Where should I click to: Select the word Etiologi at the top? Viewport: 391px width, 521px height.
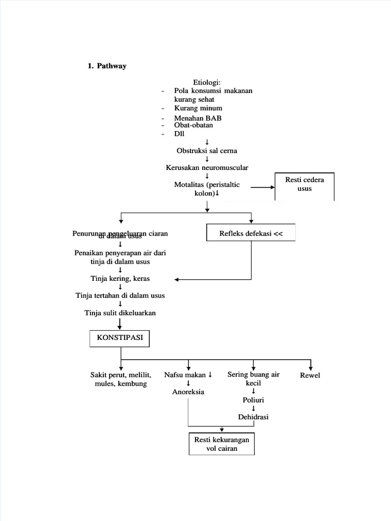(207, 82)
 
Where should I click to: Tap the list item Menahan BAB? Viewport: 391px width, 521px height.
(198, 118)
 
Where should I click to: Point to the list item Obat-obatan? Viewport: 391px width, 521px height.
(193, 125)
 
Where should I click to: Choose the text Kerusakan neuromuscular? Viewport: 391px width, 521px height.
(207, 167)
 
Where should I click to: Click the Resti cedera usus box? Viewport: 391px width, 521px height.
(304, 185)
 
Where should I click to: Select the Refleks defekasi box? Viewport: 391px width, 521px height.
(250, 234)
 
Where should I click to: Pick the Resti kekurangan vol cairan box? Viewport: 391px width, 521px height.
(222, 444)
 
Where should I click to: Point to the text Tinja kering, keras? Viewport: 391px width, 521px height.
(120, 279)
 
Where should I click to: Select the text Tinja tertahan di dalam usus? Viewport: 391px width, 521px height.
(120, 295)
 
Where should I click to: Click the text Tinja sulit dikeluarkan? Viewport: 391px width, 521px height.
(120, 312)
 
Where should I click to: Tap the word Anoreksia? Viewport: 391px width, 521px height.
(188, 392)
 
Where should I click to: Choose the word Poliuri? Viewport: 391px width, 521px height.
(253, 400)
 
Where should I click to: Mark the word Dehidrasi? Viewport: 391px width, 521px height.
(253, 417)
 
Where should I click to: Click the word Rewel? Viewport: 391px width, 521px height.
(310, 375)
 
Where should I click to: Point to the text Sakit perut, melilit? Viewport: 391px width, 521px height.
(120, 375)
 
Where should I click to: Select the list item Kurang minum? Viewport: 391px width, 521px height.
(198, 108)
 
